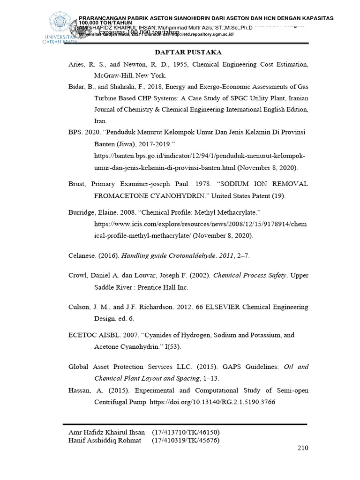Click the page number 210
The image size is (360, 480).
pyautogui.click(x=303, y=448)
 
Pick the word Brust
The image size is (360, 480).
pyautogui.click(x=78, y=183)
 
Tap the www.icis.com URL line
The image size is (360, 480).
pyautogui.click(x=201, y=225)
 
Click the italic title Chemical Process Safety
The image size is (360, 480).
pyautogui.click(x=249, y=276)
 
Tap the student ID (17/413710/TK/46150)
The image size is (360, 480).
pyautogui.click(x=186, y=432)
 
